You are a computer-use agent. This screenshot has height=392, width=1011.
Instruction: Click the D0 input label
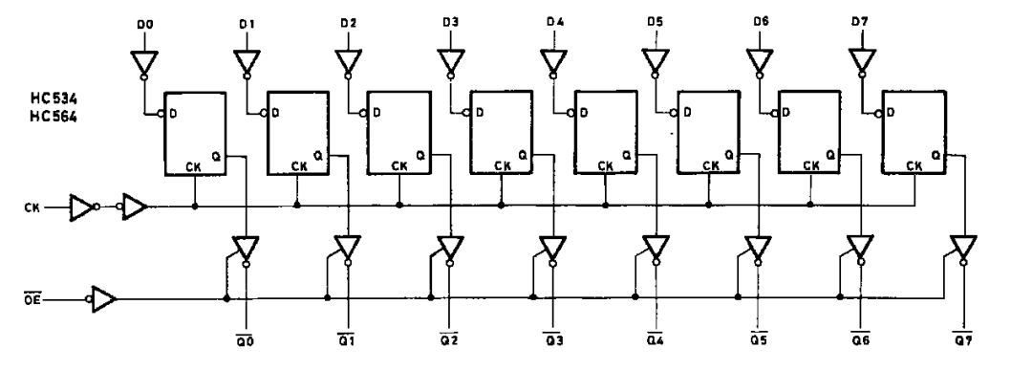click(x=145, y=25)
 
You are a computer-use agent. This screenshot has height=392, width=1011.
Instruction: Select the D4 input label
click(x=554, y=23)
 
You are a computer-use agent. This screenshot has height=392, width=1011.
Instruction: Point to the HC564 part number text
click(x=54, y=118)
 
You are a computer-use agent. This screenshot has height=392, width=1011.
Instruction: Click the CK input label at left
click(x=32, y=207)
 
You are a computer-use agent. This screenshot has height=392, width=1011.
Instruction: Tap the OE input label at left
click(x=32, y=300)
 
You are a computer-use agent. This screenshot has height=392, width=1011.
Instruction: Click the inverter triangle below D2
click(x=348, y=63)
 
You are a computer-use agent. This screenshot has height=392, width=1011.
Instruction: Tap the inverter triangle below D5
click(x=656, y=63)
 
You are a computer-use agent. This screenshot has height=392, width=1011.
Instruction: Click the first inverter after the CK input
click(x=83, y=207)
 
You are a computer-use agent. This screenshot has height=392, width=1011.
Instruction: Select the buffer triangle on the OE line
click(x=103, y=300)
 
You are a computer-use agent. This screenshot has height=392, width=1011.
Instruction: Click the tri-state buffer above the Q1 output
click(x=348, y=250)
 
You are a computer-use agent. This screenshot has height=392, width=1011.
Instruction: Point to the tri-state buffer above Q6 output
click(x=860, y=250)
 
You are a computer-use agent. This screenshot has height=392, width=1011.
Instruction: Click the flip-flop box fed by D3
click(x=502, y=132)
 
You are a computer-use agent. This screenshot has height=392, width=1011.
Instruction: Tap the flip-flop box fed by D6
click(x=809, y=132)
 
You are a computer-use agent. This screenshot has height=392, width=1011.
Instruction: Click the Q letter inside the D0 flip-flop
click(x=215, y=155)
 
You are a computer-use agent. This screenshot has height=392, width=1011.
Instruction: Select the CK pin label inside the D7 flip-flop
click(x=914, y=166)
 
